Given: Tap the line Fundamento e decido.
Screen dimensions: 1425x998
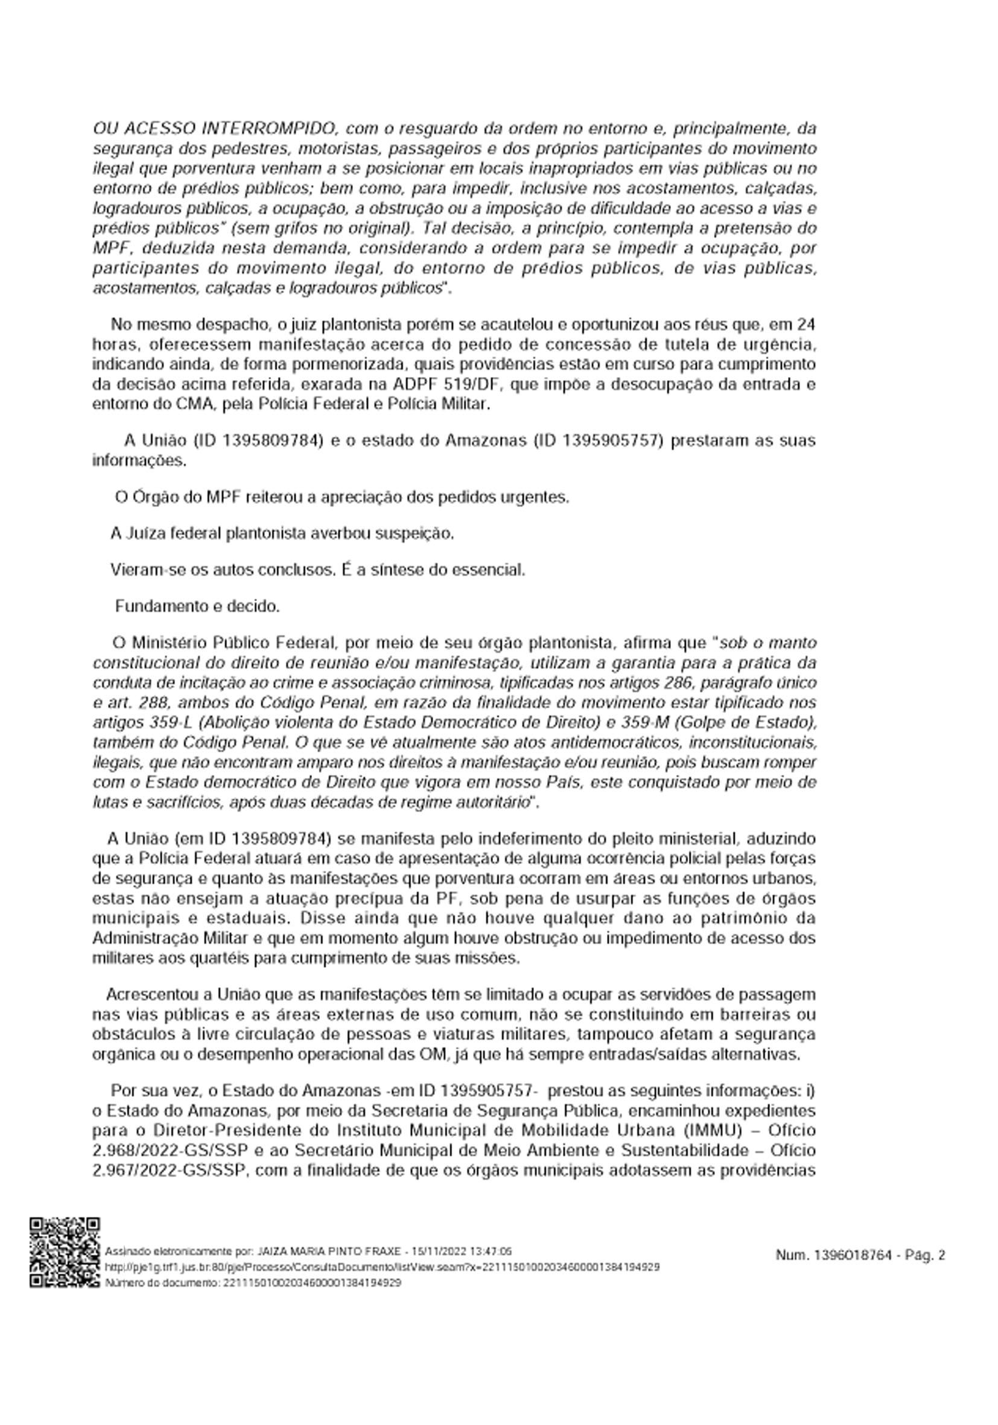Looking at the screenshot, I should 197,606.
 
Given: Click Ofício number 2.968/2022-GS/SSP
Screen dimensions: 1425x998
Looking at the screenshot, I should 170,1150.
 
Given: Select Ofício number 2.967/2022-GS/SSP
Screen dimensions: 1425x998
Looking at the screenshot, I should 170,1170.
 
